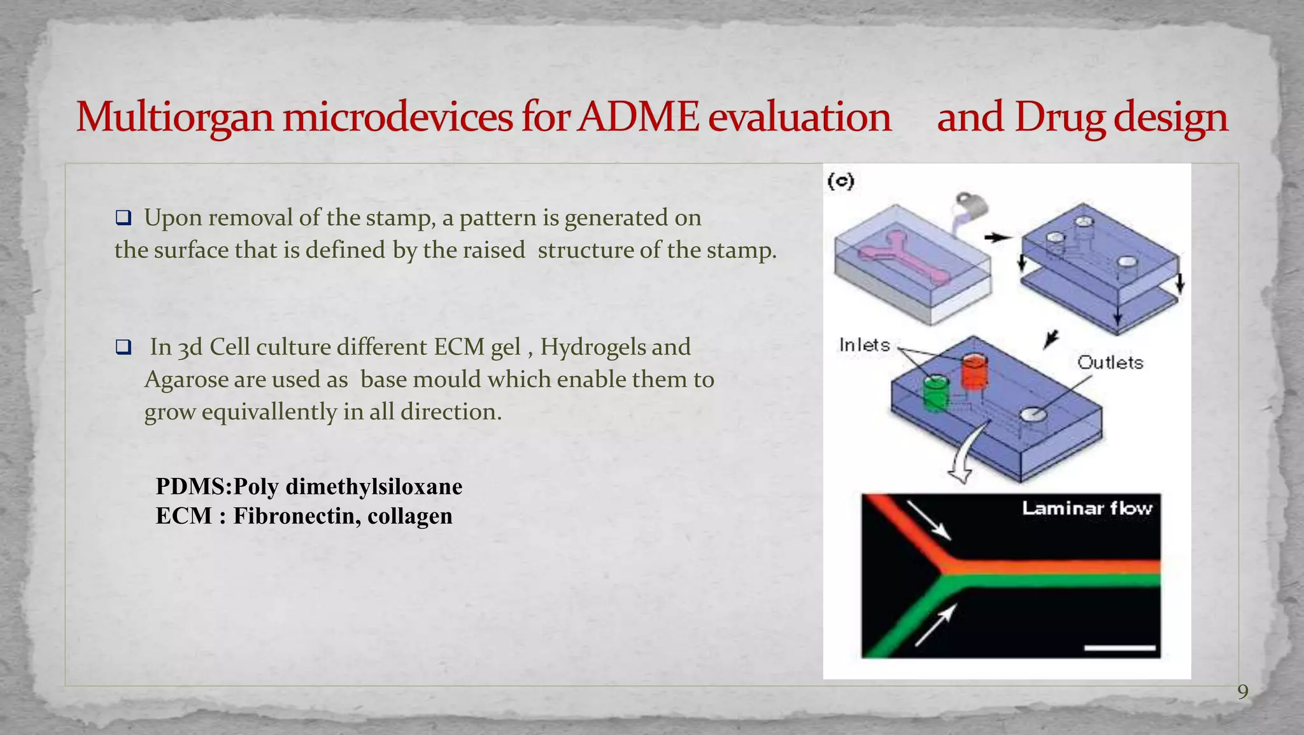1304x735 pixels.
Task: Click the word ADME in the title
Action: coord(639,117)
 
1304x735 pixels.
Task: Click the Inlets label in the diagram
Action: coord(864,345)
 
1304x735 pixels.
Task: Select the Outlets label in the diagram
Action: coord(1110,363)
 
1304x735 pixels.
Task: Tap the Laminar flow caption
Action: coord(1087,508)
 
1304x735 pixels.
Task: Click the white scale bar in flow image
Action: coord(1119,648)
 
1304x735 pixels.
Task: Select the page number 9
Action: coord(1242,692)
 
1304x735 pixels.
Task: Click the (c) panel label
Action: coord(840,181)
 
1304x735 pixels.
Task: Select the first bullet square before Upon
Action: coord(124,218)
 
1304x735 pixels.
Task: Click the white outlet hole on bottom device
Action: coord(1033,415)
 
